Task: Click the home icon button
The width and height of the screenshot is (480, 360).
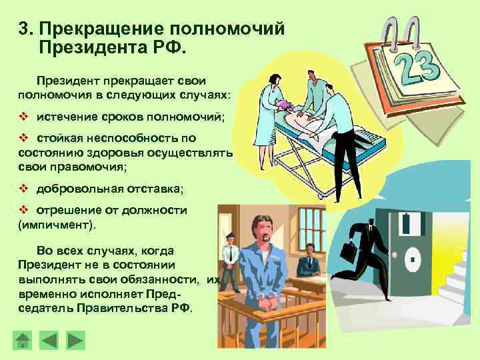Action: [x=23, y=340]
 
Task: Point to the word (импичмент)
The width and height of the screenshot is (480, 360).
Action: [x=57, y=225]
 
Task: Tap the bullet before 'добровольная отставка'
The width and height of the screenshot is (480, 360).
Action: [x=23, y=189]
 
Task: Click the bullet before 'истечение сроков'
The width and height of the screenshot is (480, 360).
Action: [x=23, y=117]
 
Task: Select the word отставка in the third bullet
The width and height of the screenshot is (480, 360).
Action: [x=155, y=189]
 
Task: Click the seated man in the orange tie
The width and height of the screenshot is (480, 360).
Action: [x=308, y=261]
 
